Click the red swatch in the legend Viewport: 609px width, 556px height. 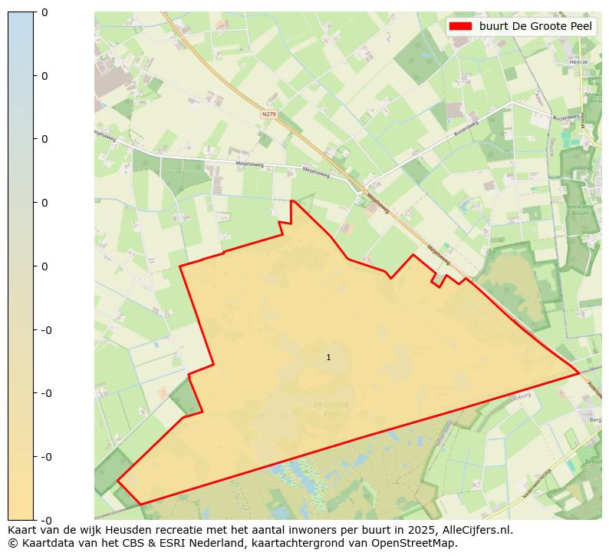(460, 26)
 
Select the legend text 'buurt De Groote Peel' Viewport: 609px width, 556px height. (535, 26)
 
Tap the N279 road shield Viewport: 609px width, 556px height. (268, 114)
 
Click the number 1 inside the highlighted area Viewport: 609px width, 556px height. (328, 358)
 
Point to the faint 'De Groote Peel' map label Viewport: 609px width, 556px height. (331, 408)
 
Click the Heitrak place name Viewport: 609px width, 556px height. (578, 61)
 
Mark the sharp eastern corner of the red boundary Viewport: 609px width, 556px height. (579, 373)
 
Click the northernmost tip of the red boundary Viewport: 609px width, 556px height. (291, 200)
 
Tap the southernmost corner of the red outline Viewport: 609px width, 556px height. (140, 505)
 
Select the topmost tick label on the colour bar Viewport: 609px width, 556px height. (44, 12)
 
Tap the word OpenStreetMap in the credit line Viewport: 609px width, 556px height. (416, 543)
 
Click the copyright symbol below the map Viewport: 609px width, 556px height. (12, 543)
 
